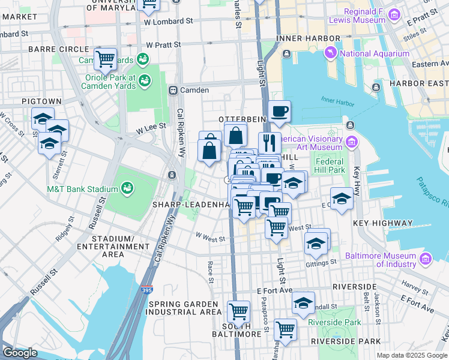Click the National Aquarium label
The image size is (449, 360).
click(x=375, y=53)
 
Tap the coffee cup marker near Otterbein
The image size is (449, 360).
click(x=279, y=112)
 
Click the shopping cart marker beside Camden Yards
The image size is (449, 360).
click(x=106, y=59)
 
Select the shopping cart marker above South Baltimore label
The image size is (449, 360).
click(x=239, y=311)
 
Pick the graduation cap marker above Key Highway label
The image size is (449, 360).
click(x=342, y=197)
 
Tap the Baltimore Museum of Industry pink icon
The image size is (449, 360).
click(x=426, y=259)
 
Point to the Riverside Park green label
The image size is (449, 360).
click(x=334, y=322)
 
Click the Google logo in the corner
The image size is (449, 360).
click(x=20, y=353)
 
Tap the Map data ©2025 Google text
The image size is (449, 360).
click(x=411, y=355)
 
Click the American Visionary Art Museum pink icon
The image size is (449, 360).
click(x=351, y=142)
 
